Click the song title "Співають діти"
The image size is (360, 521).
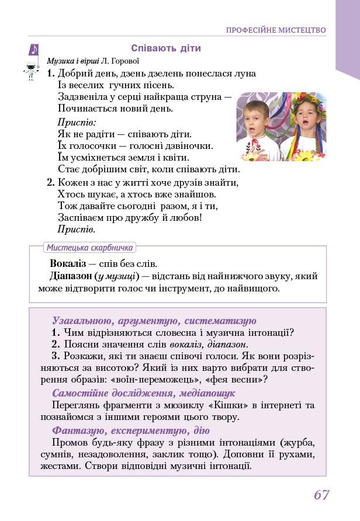pos(166,48)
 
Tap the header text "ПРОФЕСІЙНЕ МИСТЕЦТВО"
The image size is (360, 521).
pos(276,30)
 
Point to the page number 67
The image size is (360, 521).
pos(321,495)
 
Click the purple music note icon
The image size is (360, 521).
pos(34,50)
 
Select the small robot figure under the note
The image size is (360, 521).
pos(29,72)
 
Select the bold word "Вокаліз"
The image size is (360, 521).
pos(68,263)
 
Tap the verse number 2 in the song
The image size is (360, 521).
pos(50,182)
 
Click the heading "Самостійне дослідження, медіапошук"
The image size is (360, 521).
pos(143,393)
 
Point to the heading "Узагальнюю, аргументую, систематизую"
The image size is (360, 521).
pos(154,321)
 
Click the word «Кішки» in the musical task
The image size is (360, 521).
pos(235,405)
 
